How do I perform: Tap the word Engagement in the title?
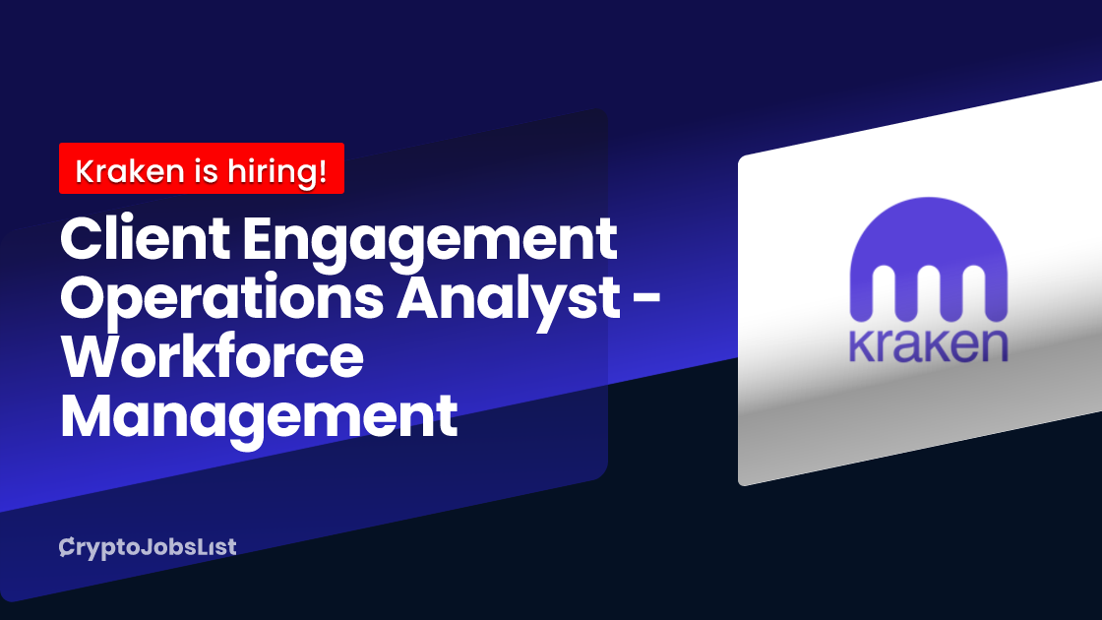click(430, 243)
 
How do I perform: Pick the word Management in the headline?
click(260, 419)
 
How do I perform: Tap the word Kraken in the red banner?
click(130, 171)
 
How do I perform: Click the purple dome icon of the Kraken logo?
click(929, 259)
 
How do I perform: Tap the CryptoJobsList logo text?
click(148, 547)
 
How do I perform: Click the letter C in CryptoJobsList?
click(67, 547)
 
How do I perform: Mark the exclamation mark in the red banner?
click(322, 171)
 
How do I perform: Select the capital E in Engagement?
click(259, 239)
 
